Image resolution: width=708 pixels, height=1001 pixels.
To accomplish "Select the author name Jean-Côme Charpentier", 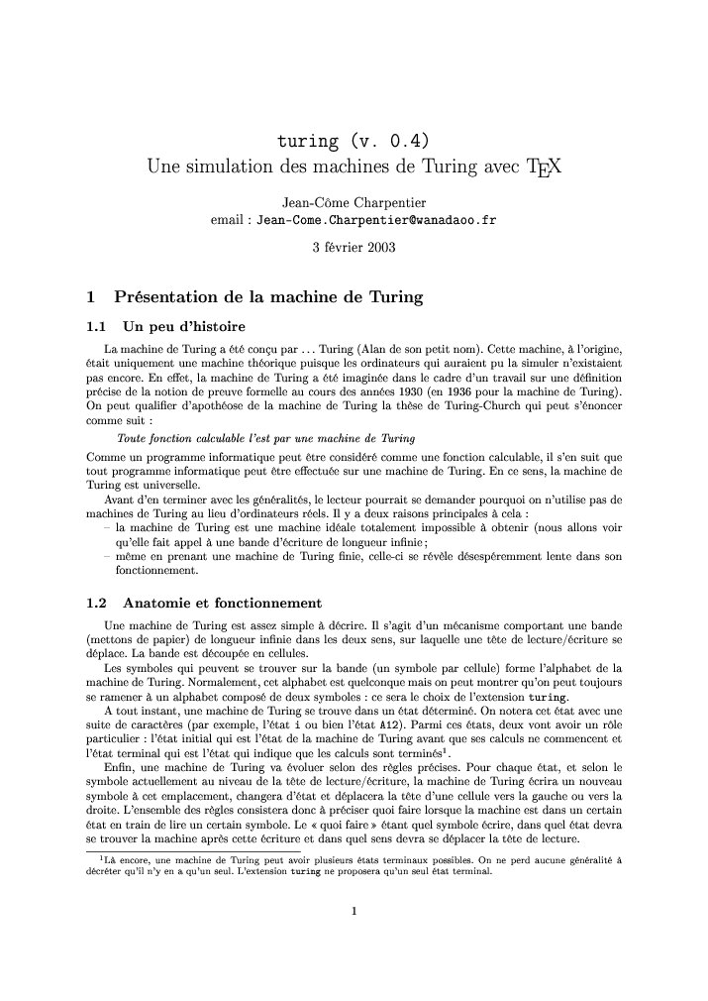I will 354,203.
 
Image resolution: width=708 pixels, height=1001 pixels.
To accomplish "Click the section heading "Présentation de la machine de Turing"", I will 268,296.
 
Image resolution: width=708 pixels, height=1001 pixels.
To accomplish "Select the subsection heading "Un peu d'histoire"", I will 183,326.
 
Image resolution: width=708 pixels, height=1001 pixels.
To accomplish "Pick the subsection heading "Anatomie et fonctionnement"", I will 222,602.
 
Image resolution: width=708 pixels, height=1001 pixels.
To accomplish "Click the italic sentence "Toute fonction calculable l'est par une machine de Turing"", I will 264,437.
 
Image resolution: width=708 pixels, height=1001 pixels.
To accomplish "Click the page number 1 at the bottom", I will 354,911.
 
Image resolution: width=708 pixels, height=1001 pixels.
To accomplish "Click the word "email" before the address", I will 229,220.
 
